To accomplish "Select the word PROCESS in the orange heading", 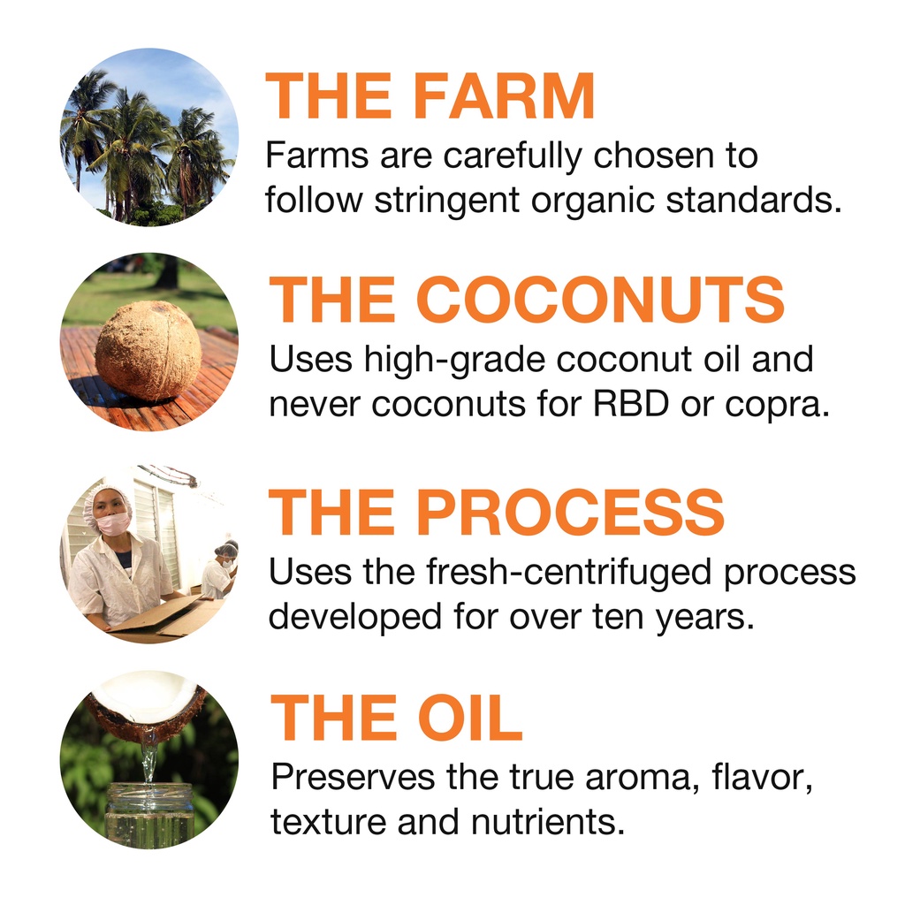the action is [x=570, y=512].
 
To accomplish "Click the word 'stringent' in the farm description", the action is [x=447, y=201].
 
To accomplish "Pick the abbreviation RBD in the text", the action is [x=631, y=403].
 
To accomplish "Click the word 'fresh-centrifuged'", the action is [x=568, y=573].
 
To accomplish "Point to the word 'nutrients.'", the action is [x=548, y=821].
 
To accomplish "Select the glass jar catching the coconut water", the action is [x=149, y=815].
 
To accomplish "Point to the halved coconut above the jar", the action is [x=147, y=706].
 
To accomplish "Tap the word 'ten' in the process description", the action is [x=618, y=618].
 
